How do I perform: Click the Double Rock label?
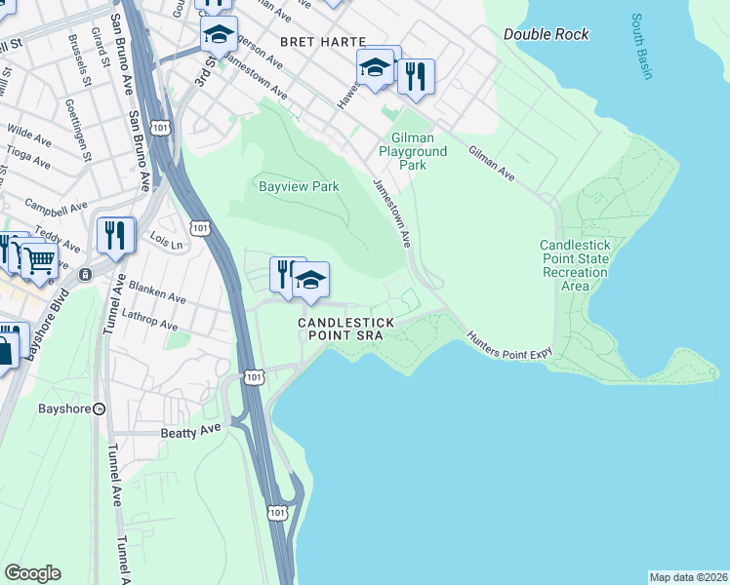[546, 34]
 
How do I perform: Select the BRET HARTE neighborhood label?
[322, 42]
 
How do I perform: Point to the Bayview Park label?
[299, 185]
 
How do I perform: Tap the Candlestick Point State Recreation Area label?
[575, 265]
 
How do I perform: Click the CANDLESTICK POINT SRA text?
[346, 329]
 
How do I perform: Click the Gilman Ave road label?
[491, 163]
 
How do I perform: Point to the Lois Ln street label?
[167, 240]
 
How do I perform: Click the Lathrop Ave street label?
[149, 320]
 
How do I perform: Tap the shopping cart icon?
[39, 260]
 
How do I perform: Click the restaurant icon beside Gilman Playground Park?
[416, 77]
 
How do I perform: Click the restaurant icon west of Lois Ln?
[115, 235]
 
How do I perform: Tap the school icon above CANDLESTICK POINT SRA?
[310, 280]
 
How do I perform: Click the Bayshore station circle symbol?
[99, 409]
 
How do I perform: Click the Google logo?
[32, 573]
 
